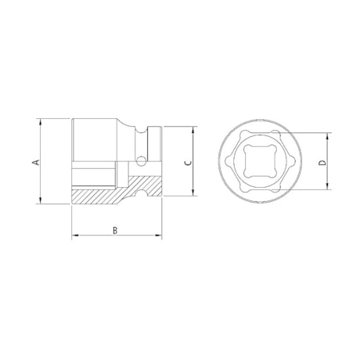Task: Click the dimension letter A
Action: point(35,162)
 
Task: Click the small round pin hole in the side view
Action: point(141,163)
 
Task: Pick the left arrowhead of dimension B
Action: point(74,236)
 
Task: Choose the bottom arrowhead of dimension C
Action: point(193,195)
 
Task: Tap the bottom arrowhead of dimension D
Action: point(328,189)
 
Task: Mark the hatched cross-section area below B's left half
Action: point(94,195)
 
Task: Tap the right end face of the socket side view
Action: point(163,162)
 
